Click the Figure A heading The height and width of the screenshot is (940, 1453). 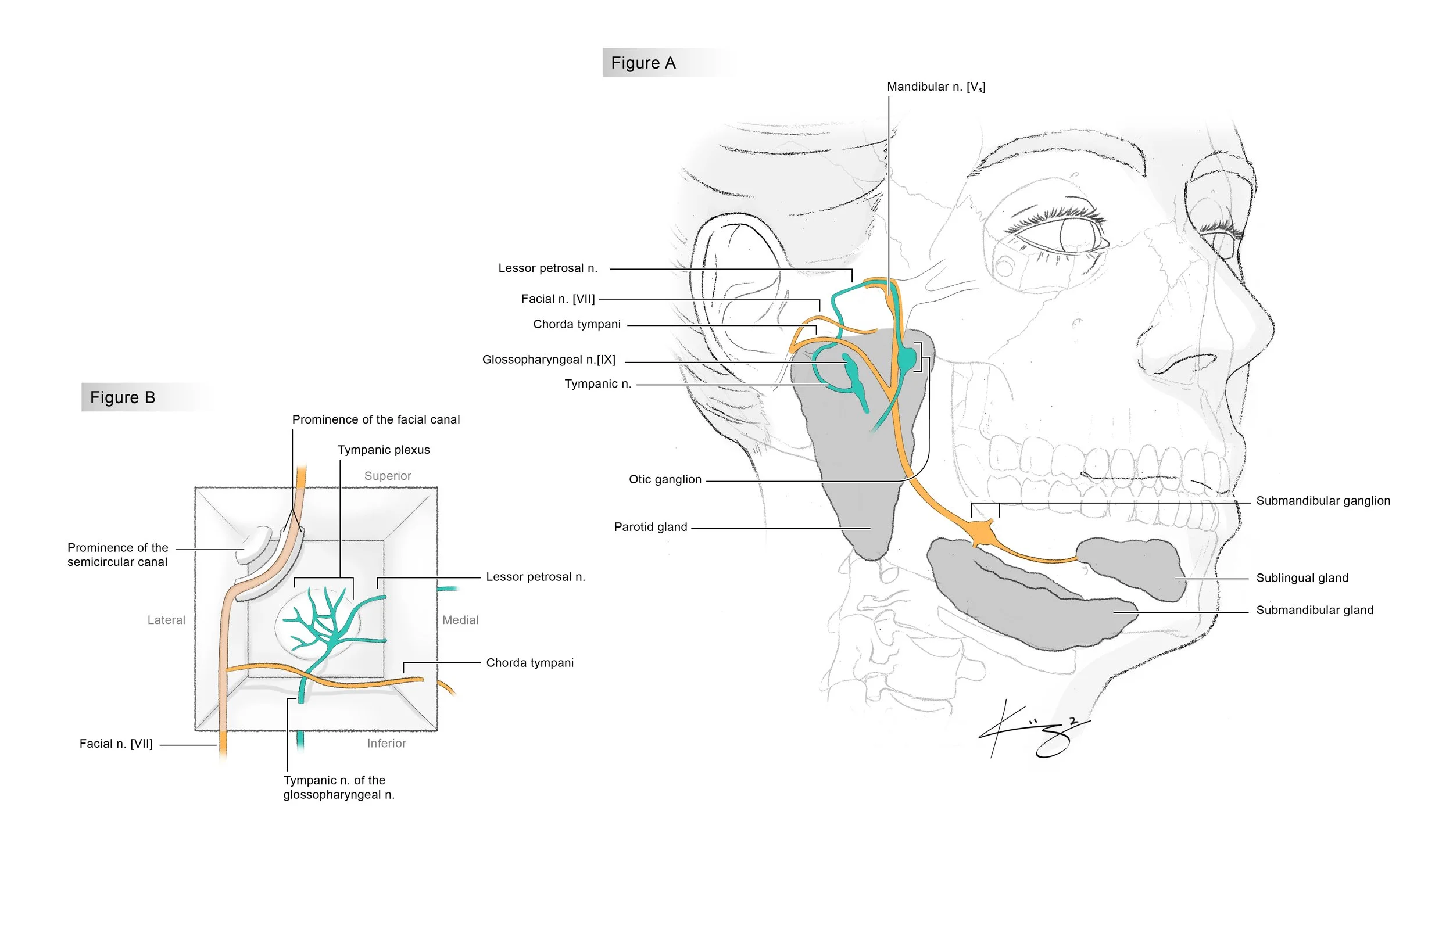643,63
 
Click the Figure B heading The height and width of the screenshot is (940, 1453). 123,397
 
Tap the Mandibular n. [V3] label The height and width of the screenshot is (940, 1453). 936,87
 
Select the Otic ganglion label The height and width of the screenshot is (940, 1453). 665,480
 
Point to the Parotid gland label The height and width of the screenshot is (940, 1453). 650,528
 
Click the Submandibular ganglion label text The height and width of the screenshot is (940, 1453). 1323,501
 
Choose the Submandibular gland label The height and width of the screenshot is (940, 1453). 1315,611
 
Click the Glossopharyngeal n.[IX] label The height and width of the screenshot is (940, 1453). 549,360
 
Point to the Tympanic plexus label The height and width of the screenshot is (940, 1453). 384,450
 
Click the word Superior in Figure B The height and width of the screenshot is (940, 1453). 388,476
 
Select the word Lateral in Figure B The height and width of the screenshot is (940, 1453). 166,620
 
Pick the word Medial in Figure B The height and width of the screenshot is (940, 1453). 460,620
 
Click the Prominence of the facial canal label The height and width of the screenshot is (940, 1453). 376,420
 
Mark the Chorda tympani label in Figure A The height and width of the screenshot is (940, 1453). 577,324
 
